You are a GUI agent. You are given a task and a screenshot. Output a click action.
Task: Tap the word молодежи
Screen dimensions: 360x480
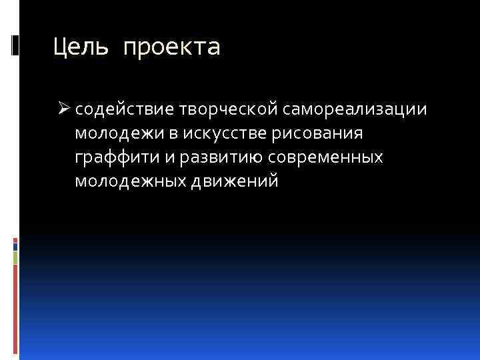click(118, 133)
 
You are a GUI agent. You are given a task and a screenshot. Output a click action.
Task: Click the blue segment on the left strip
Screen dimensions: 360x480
click(16, 244)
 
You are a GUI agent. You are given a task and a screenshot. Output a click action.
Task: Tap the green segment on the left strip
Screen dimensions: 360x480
click(16, 257)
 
